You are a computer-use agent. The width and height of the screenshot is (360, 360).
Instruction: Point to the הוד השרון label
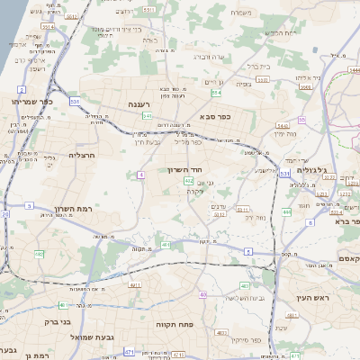click(182, 169)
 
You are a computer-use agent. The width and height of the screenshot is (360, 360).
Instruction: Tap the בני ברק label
click(56, 320)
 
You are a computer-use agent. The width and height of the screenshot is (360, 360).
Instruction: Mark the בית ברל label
click(259, 66)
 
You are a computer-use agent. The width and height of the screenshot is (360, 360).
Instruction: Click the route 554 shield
click(216, 93)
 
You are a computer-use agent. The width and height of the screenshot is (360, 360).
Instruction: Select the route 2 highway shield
click(21, 90)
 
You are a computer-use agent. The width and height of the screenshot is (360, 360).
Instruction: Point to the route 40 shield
click(203, 294)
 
